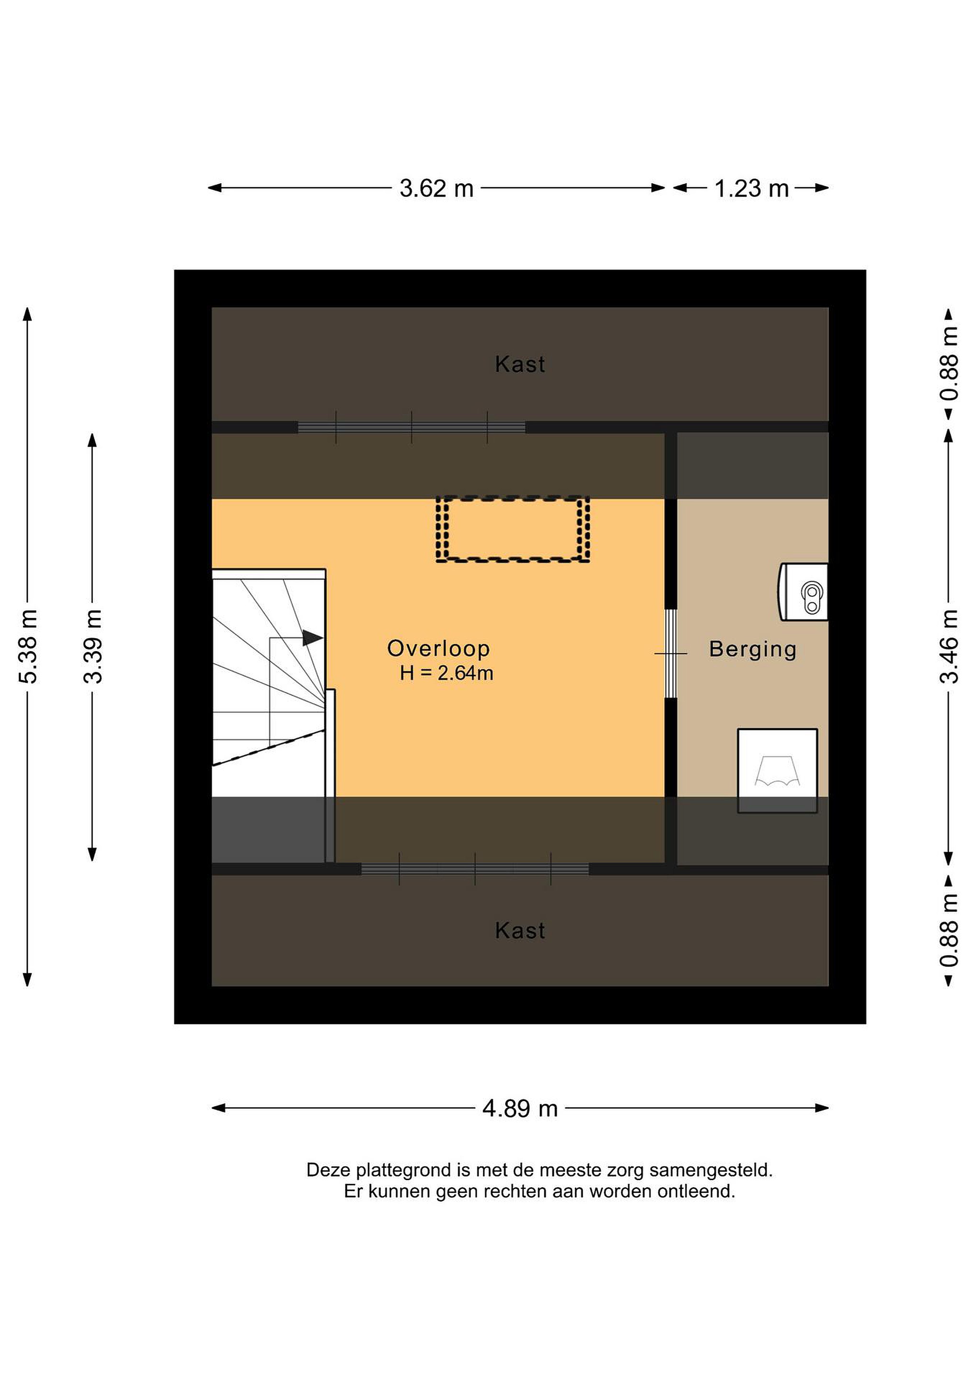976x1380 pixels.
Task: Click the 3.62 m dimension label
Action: click(437, 189)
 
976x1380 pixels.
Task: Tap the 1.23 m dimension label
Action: click(751, 189)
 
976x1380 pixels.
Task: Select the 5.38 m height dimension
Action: click(28, 646)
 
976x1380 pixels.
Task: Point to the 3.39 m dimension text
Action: click(93, 646)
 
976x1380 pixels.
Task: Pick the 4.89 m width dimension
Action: click(520, 1108)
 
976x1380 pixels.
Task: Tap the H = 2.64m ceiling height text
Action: click(447, 673)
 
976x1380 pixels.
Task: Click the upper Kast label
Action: click(520, 364)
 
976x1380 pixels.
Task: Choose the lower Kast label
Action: click(520, 931)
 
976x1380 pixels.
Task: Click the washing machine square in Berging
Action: click(778, 771)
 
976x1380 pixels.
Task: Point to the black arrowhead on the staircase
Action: click(312, 638)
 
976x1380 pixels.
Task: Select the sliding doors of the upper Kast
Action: click(412, 427)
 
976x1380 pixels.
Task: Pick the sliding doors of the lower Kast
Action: click(475, 869)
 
